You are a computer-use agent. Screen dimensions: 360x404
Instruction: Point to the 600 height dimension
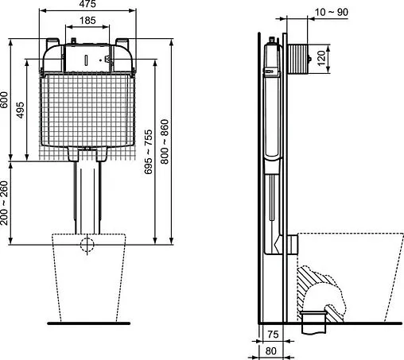tap(6, 99)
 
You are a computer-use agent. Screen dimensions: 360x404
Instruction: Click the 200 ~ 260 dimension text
tap(6, 203)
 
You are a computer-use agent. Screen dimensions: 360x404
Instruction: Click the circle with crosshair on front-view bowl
tap(88, 244)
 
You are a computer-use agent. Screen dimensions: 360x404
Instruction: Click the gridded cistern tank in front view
tap(88, 111)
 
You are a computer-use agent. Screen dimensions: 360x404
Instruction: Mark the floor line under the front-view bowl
tap(88, 323)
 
